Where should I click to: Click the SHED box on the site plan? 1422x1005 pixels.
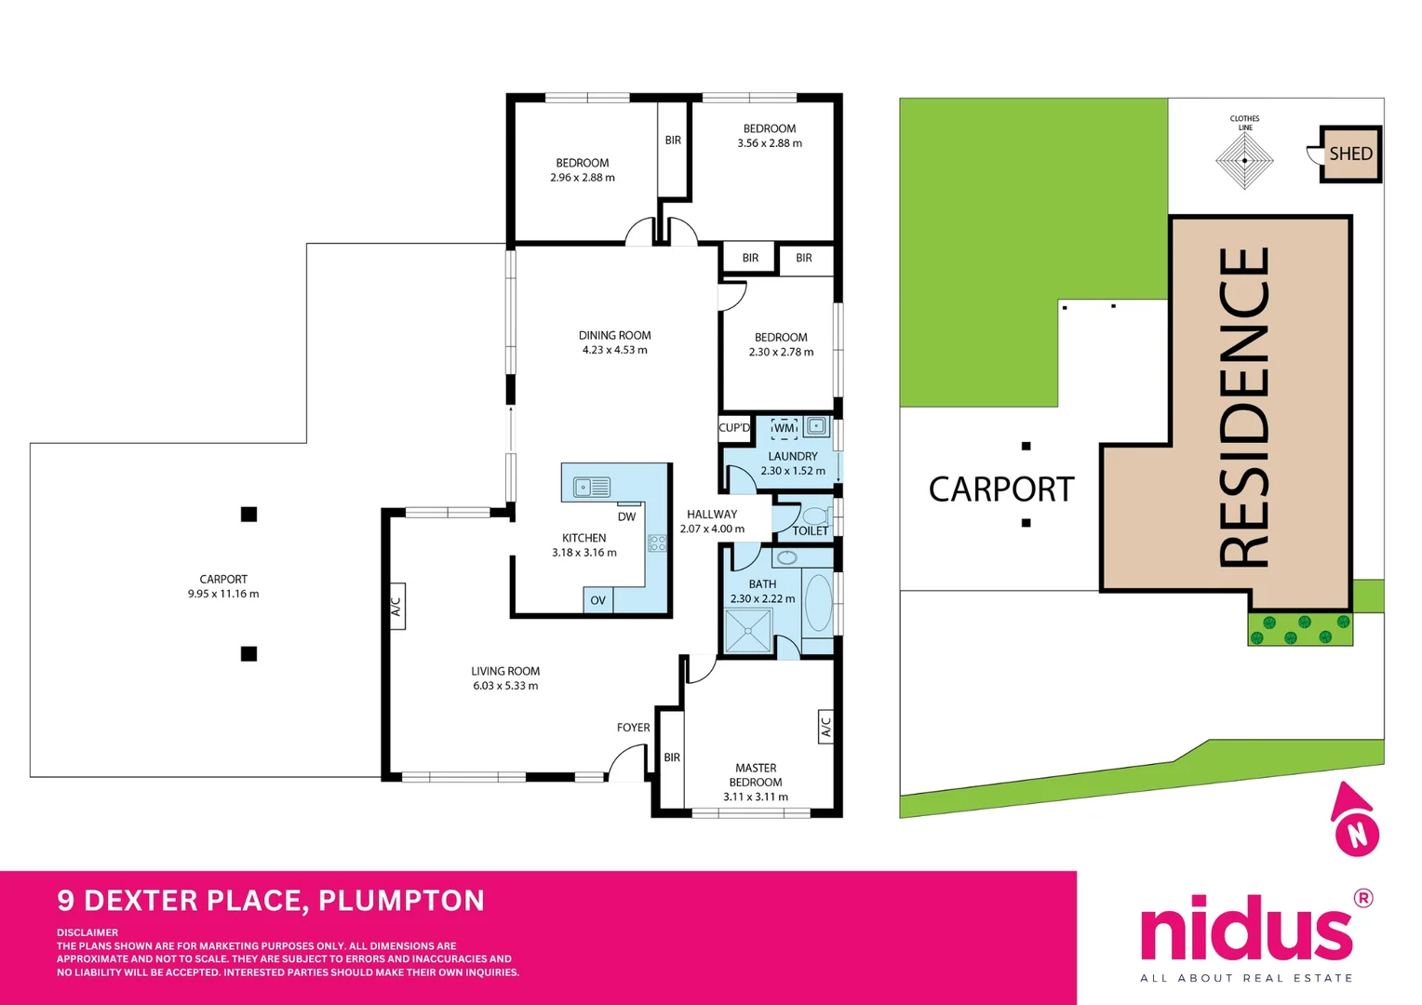tap(1350, 154)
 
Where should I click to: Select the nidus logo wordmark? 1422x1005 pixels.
tap(1246, 930)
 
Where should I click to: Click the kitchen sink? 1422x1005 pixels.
tap(592, 487)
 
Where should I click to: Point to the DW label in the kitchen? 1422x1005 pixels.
tap(627, 517)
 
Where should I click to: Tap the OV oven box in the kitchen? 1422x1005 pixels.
tap(597, 601)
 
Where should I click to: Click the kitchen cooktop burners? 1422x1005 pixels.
tap(657, 543)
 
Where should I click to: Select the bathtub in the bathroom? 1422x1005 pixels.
tap(818, 603)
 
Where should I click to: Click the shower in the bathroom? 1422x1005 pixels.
tap(748, 632)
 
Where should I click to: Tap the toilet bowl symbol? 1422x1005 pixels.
tap(815, 516)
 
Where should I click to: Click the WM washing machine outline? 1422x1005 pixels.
tap(785, 428)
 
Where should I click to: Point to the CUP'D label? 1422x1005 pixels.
tap(734, 428)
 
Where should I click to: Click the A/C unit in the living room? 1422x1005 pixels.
tap(396, 607)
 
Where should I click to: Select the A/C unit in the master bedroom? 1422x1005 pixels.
tap(825, 727)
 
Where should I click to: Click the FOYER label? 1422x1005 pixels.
tap(633, 728)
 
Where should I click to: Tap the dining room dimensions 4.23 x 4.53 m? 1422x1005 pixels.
tap(614, 350)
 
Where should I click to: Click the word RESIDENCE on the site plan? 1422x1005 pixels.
tap(1243, 407)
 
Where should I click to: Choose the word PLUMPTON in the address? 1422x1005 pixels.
tap(401, 901)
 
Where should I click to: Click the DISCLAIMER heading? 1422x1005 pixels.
tap(87, 932)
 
